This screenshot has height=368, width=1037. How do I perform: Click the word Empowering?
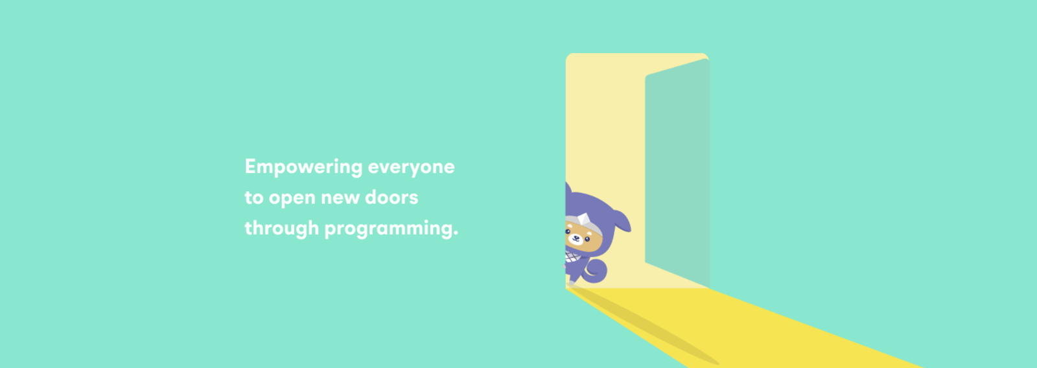[303, 167]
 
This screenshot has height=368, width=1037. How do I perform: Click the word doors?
[391, 197]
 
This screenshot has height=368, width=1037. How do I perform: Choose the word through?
[281, 228]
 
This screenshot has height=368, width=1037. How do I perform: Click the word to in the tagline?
[253, 198]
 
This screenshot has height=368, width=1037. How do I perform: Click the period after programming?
[456, 235]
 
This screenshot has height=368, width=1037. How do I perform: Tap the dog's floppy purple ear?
[620, 220]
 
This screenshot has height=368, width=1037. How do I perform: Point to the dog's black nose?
[576, 238]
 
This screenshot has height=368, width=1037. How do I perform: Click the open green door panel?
[677, 174]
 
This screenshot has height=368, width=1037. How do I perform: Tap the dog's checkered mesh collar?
[572, 257]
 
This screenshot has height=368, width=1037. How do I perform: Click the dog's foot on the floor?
[572, 281]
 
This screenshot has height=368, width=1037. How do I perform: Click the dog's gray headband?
[583, 224]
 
